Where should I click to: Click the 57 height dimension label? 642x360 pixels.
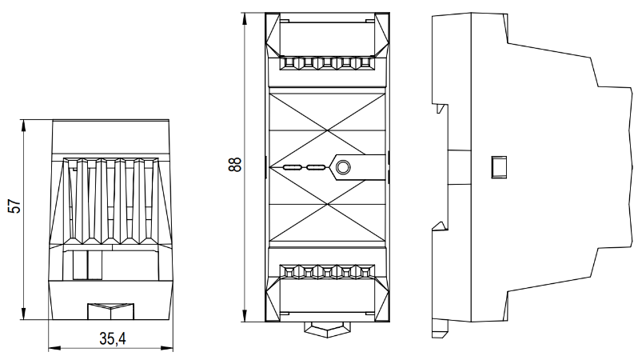[14, 207]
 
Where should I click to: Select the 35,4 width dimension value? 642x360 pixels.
[111, 339]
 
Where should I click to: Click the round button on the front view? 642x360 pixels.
[343, 167]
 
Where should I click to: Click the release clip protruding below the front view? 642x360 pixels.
[325, 326]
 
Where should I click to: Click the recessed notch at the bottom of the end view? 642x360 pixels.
[110, 309]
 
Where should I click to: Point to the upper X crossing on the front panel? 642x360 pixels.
[326, 120]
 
